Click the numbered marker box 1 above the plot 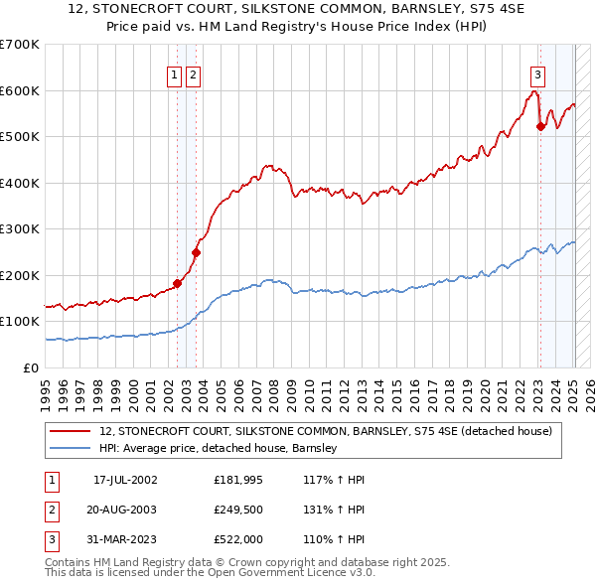pyautogui.click(x=175, y=73)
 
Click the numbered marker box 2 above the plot pyautogui.click(x=193, y=73)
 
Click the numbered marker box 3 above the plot pyautogui.click(x=537, y=73)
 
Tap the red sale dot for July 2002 pyautogui.click(x=178, y=283)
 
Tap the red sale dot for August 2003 pyautogui.click(x=197, y=252)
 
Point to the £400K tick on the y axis pyautogui.click(x=21, y=183)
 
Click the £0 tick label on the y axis pyautogui.click(x=32, y=367)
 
